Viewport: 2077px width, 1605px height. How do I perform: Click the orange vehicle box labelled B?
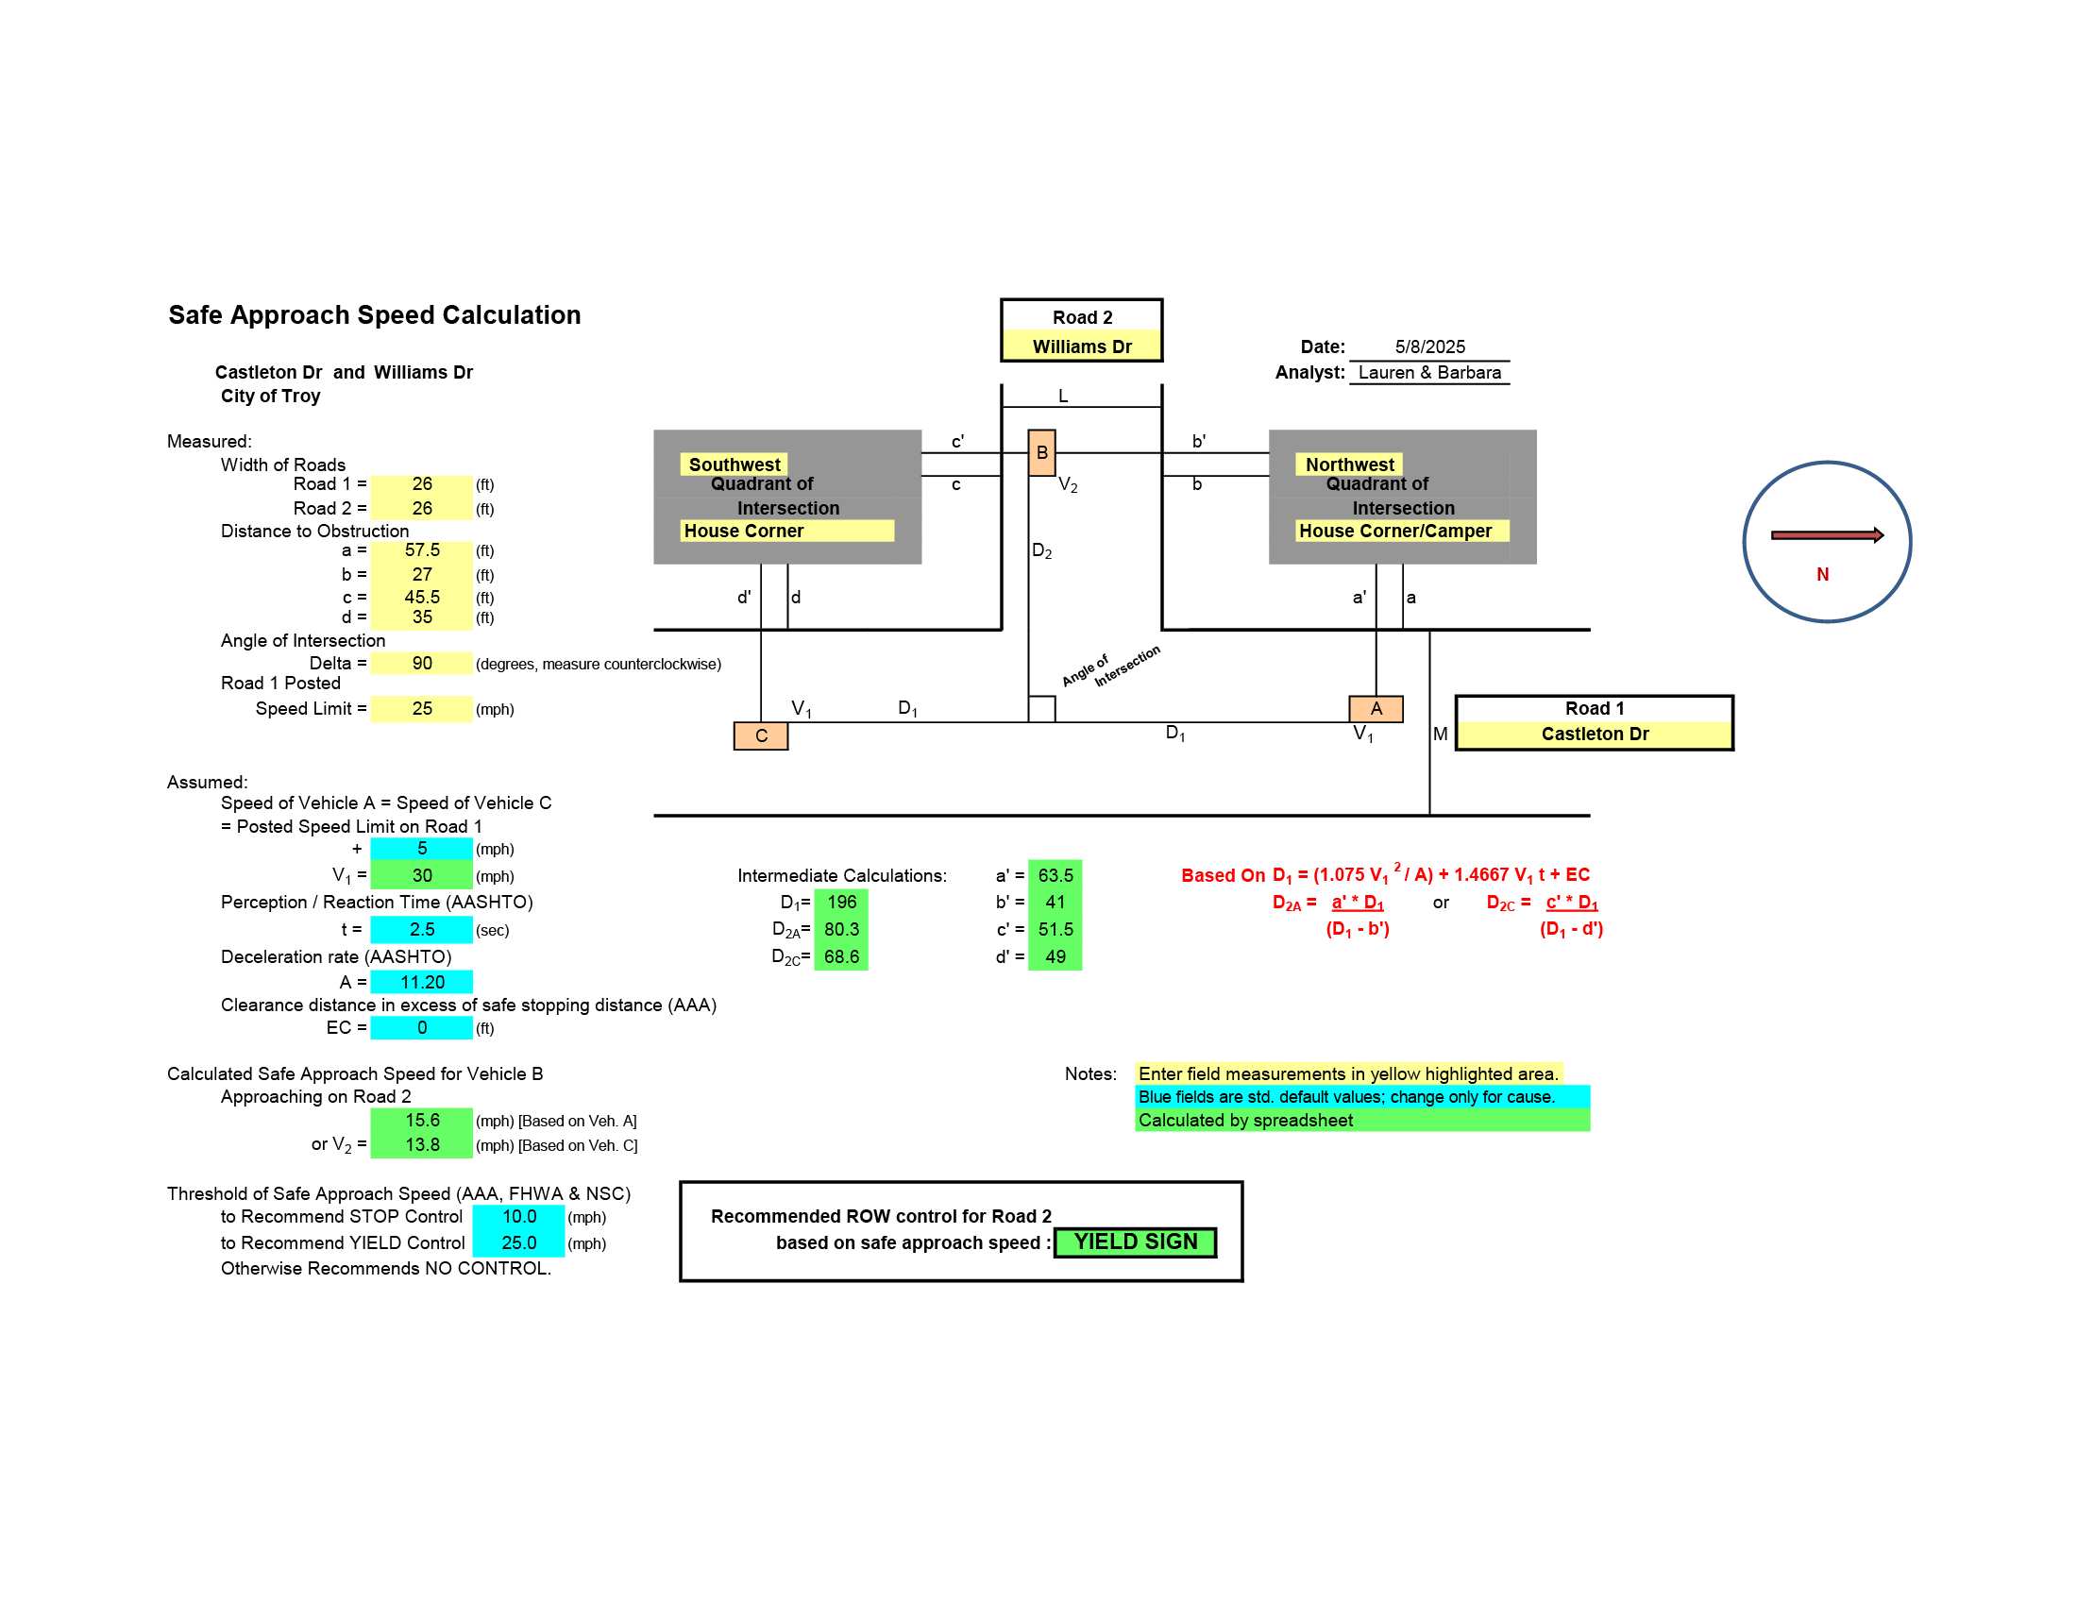click(x=1041, y=452)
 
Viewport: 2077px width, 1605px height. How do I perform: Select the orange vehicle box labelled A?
click(x=1376, y=709)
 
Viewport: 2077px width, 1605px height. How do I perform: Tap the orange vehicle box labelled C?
click(x=761, y=736)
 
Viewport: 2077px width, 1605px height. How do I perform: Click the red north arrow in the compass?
click(x=1827, y=535)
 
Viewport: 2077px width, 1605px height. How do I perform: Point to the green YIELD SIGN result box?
click(x=1136, y=1242)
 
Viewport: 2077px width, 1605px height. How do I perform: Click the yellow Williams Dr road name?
click(x=1082, y=346)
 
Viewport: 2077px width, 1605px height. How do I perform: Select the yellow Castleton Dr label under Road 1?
click(x=1595, y=734)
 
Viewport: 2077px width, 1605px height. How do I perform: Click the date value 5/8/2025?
click(x=1429, y=347)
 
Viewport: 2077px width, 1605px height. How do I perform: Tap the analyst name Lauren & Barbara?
click(x=1429, y=373)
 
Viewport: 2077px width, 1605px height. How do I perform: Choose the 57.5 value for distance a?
click(x=421, y=550)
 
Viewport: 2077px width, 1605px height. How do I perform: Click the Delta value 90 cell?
click(x=421, y=664)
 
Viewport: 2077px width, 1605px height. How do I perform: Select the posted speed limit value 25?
click(x=421, y=708)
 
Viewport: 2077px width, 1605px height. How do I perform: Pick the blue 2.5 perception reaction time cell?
click(x=421, y=929)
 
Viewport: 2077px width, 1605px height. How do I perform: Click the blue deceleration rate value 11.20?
click(x=421, y=982)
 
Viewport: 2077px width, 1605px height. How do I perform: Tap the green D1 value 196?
click(x=841, y=903)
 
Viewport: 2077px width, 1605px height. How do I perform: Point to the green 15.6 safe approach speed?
click(x=421, y=1120)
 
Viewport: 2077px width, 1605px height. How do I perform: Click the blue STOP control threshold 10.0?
click(x=518, y=1217)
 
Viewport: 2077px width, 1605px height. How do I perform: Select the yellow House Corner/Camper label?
click(x=1402, y=531)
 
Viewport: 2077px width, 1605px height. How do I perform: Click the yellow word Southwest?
click(x=735, y=465)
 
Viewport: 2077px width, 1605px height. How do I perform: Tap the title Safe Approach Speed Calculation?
click(x=375, y=314)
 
